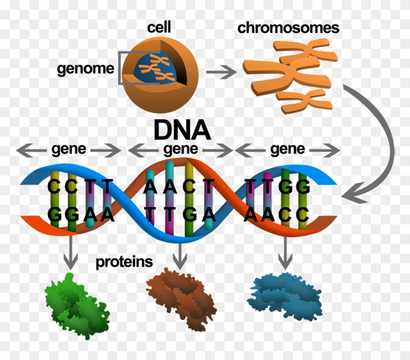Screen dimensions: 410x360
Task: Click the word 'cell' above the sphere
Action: (x=159, y=27)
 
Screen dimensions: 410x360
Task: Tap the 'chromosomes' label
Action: (x=288, y=28)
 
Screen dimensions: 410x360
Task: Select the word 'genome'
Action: (x=85, y=69)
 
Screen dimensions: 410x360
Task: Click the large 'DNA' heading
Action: (x=182, y=130)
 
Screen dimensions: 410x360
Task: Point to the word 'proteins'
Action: (x=124, y=262)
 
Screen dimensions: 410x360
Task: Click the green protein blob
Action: (x=77, y=306)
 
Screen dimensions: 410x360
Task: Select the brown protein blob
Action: (x=181, y=299)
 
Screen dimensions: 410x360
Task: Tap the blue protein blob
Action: (x=285, y=296)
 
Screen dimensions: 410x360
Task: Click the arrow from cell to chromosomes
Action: (x=221, y=72)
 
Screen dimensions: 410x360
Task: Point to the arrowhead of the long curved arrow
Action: (x=352, y=194)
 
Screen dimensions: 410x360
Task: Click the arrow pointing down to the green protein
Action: (x=71, y=252)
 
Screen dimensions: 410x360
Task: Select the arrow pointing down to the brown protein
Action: (x=180, y=256)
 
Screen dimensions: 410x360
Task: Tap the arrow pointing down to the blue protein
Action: (x=285, y=253)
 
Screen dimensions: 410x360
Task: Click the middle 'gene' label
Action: (x=181, y=149)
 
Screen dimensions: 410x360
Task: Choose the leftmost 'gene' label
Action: (x=68, y=149)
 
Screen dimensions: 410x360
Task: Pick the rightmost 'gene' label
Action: (x=287, y=149)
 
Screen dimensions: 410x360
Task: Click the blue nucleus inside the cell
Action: (x=154, y=68)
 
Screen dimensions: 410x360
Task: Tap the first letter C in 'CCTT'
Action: (x=54, y=186)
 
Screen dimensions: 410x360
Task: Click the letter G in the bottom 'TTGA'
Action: (x=190, y=215)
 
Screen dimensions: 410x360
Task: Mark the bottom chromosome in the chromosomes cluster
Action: (x=304, y=101)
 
